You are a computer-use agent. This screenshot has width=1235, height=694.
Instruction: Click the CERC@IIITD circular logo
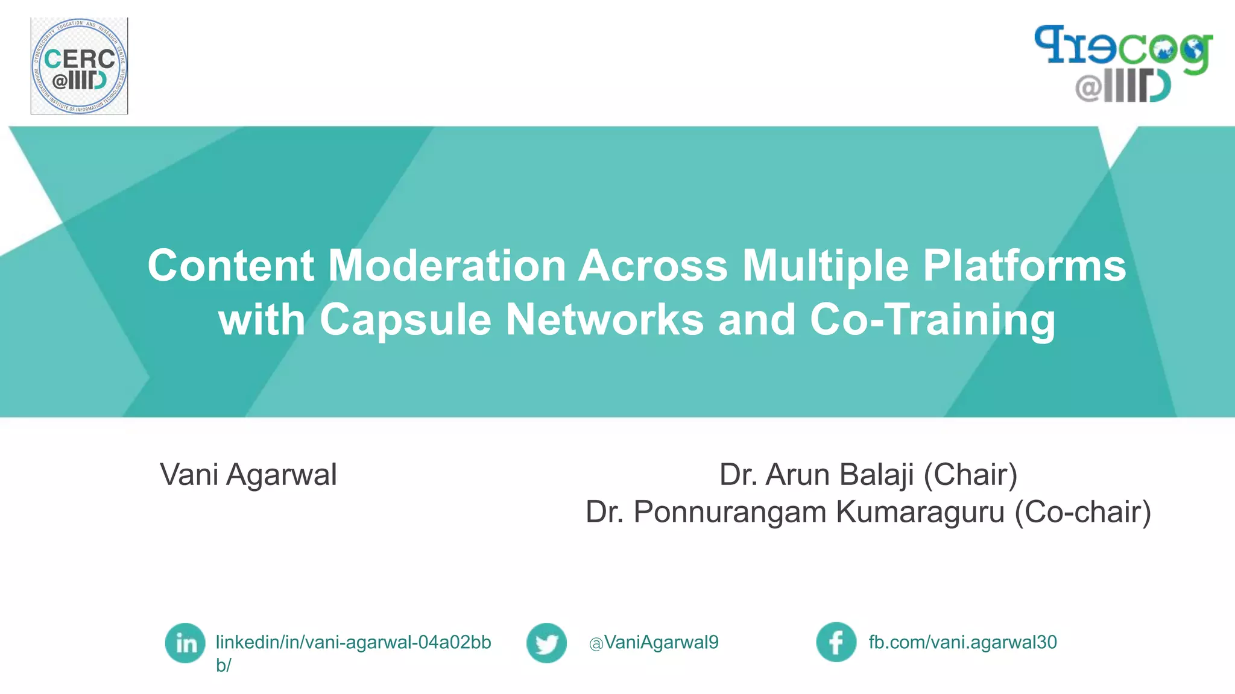pos(79,66)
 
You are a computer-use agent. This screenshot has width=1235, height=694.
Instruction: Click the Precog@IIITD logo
pos(1123,64)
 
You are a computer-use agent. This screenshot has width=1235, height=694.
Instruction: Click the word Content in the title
pos(231,266)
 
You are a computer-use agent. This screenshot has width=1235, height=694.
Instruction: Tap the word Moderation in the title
pos(447,266)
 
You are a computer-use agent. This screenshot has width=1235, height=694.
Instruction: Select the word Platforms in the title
pos(1024,266)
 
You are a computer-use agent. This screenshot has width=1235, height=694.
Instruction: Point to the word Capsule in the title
pos(405,320)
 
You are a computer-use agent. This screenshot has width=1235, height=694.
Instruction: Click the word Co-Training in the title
pos(932,320)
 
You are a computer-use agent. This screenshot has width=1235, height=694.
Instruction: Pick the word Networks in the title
pos(604,320)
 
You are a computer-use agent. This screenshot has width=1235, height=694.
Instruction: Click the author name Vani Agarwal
pos(248,475)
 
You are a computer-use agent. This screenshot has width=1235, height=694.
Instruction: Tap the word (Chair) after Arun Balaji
pos(970,475)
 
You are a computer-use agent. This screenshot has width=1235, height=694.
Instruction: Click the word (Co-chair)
pos(1082,512)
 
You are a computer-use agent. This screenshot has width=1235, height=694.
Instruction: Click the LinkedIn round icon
pos(185,643)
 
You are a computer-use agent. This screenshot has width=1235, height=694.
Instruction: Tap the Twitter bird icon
pos(546,643)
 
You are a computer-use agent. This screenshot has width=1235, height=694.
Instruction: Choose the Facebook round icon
pos(836,642)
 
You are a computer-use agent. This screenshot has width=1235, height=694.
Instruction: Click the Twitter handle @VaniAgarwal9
pos(654,643)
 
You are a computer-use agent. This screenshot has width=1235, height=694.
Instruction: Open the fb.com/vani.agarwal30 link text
pos(962,642)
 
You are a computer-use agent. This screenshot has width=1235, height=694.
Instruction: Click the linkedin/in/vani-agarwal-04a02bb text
pos(353,643)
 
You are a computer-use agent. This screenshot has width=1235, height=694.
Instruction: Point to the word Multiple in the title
pos(825,266)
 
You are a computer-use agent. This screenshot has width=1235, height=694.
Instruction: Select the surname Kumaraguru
pos(920,512)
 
